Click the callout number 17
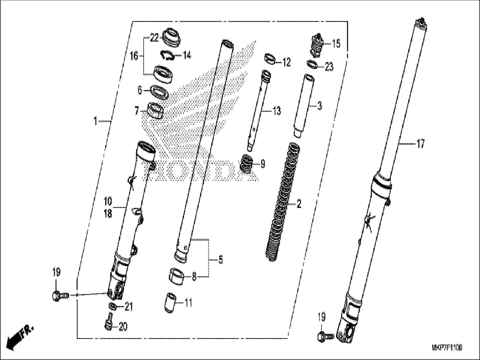[421, 144]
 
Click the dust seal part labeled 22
[171, 37]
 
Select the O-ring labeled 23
[313, 64]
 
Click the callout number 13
[276, 111]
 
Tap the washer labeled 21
[112, 306]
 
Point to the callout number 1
[95, 121]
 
